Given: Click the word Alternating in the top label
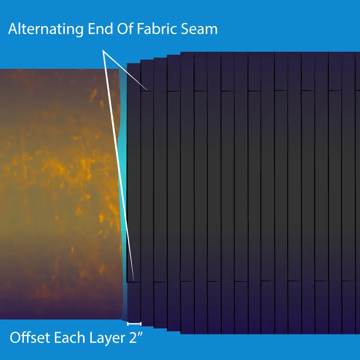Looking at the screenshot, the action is (46, 30).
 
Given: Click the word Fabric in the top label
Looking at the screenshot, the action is (157, 29).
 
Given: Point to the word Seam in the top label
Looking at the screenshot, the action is (199, 29).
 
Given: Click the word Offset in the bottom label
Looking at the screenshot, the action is (30, 337).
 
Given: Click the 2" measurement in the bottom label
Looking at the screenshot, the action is (136, 337).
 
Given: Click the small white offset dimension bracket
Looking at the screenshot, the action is (134, 324).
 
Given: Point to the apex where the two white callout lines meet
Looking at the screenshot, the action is (103, 50).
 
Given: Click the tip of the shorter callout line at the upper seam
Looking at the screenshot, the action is (147, 90).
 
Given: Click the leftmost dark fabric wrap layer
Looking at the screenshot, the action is (134, 193).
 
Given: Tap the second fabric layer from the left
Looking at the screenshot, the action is (147, 193).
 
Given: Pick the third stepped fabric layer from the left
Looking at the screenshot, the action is (160, 193).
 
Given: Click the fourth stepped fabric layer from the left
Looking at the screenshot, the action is (174, 193).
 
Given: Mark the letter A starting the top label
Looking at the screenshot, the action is (13, 29).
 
